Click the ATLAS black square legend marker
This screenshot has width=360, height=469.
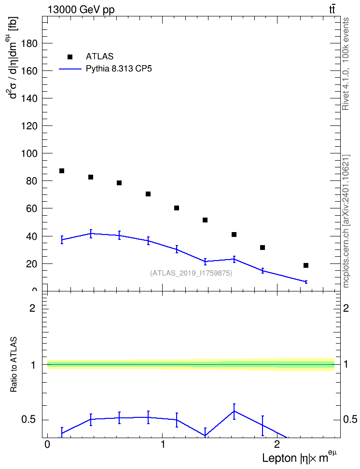(69, 57)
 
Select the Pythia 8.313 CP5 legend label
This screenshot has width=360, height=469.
(119, 69)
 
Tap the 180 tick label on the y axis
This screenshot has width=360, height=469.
(29, 43)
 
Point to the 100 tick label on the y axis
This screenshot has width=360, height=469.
(29, 154)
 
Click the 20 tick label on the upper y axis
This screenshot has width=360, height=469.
(32, 264)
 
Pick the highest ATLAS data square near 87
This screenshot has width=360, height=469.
(62, 171)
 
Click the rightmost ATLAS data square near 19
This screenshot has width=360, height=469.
(306, 265)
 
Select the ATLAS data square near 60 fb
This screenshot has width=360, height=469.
(177, 208)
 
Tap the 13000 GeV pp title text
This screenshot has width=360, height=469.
(81, 10)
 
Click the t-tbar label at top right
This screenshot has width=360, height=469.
(332, 10)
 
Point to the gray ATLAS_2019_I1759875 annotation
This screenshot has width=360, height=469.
(191, 273)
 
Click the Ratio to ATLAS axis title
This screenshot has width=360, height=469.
(14, 364)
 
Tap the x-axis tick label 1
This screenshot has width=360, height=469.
(163, 444)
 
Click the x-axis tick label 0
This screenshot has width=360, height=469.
(47, 444)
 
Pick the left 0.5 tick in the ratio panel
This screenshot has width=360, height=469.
(29, 420)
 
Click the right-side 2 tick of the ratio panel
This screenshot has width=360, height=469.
(346, 308)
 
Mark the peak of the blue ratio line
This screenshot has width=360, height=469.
(234, 411)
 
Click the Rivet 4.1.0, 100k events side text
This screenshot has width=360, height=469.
(346, 64)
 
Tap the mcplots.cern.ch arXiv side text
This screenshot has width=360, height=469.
(346, 221)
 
